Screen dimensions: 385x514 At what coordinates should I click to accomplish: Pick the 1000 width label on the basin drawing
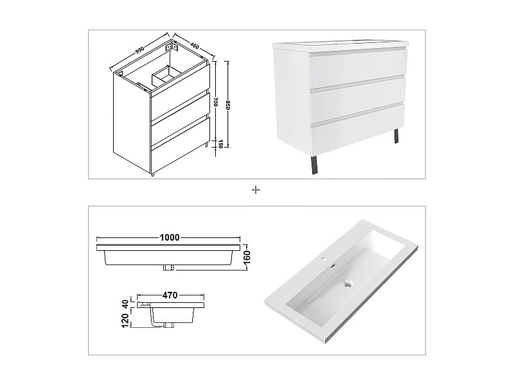coord(170,237)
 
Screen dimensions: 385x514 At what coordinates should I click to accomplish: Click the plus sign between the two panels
coord(256,190)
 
